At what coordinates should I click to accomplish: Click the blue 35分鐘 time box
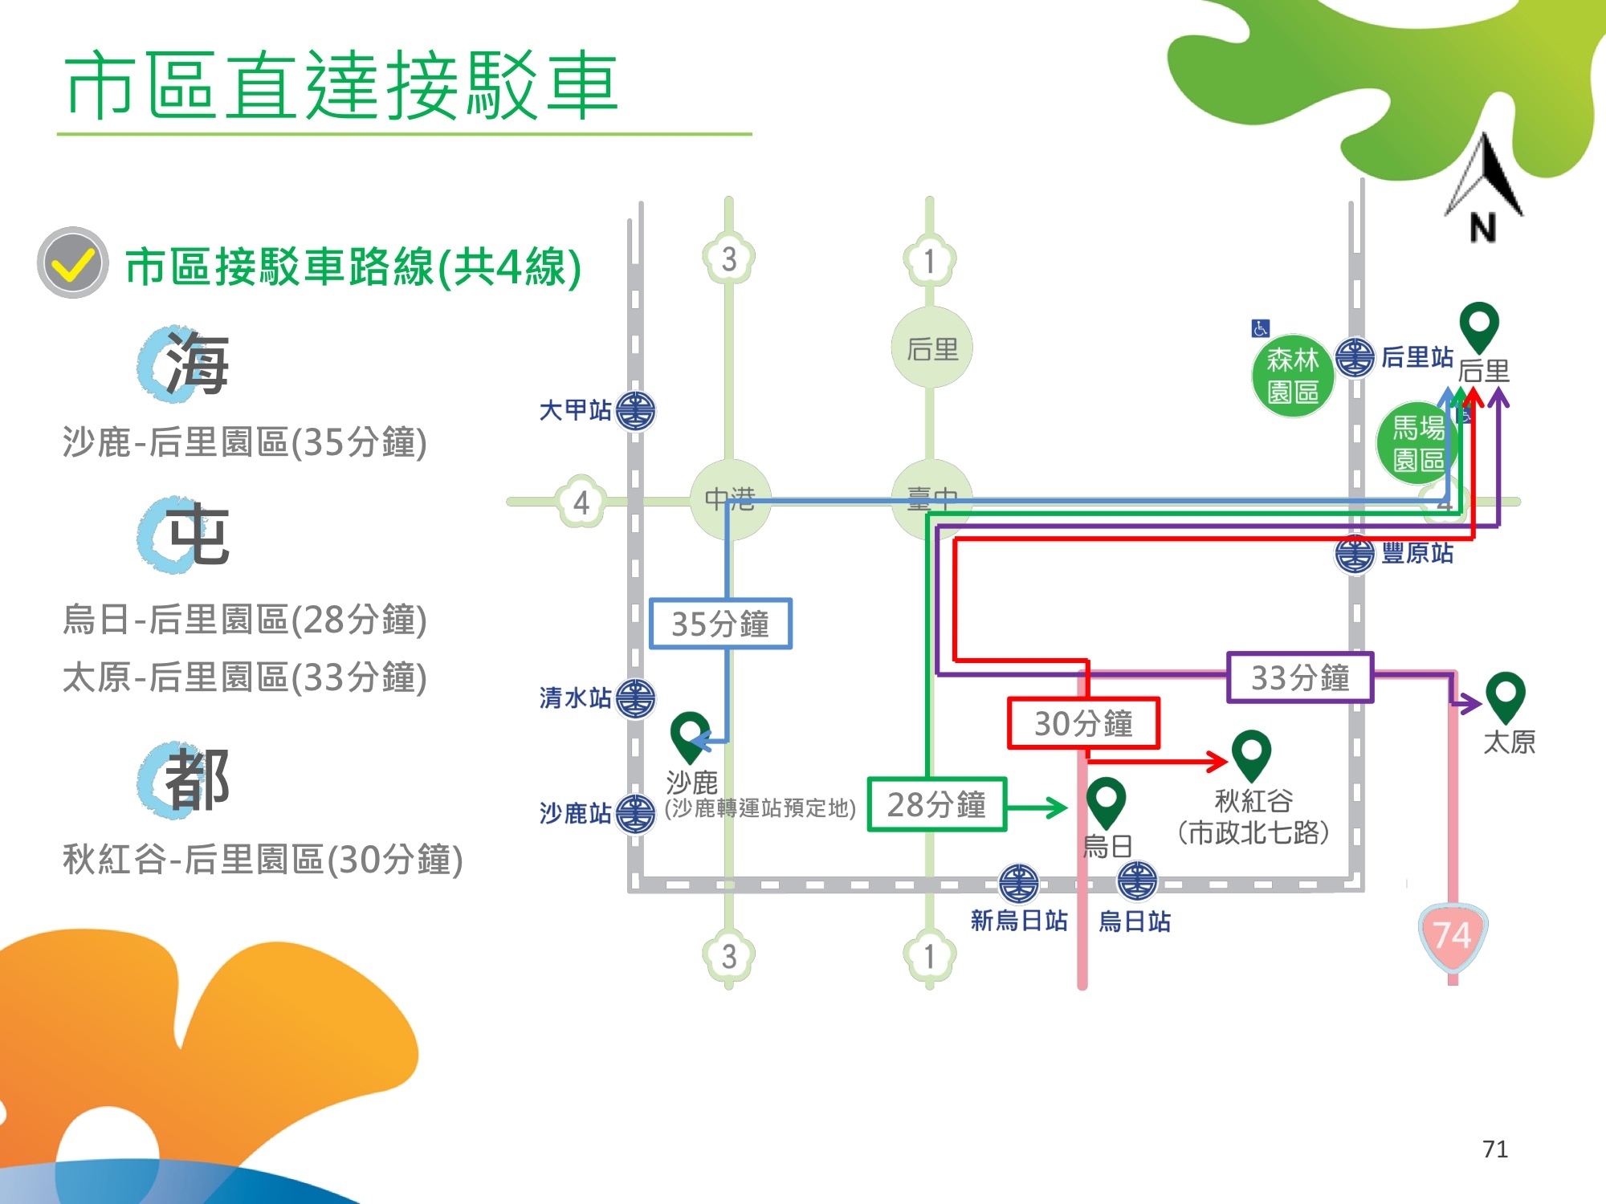click(720, 624)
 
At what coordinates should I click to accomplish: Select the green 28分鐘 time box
click(936, 804)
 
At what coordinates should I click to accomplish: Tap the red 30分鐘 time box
click(1083, 723)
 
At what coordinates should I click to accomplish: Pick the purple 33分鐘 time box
click(1300, 677)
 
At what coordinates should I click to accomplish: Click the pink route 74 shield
click(1453, 936)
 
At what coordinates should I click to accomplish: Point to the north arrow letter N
click(1483, 228)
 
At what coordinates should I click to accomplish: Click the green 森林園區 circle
click(1293, 376)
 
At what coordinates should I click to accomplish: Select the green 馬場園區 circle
click(1417, 443)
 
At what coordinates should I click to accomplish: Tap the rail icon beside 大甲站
click(636, 411)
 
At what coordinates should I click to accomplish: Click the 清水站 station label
click(575, 698)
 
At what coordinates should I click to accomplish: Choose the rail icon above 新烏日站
click(1018, 883)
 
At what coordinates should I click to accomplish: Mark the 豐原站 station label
click(1417, 553)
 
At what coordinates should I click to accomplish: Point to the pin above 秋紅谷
click(1251, 754)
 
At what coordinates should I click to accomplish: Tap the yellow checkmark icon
click(73, 263)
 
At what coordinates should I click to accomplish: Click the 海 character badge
click(185, 364)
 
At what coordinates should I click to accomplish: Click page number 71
click(1494, 1149)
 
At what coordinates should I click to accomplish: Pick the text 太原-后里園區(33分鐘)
click(245, 677)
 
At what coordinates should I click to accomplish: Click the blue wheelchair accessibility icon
click(1260, 328)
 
